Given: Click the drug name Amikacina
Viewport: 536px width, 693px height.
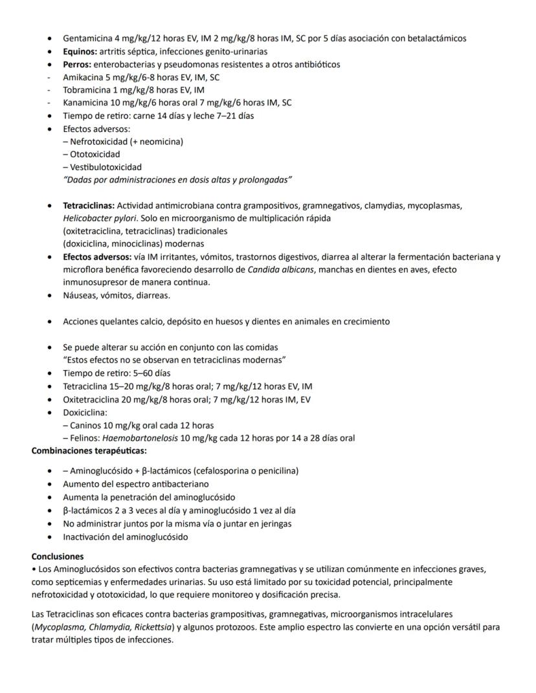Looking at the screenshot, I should click(82, 77).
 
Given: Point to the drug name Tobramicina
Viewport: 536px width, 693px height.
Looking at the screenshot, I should click(86, 90).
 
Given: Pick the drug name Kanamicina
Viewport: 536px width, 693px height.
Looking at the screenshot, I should click(85, 102).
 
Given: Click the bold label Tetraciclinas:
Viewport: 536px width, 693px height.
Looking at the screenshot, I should click(89, 205).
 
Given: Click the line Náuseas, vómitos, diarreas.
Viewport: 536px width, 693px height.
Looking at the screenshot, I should click(116, 296).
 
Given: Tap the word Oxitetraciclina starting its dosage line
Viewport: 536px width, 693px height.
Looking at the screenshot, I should click(89, 399).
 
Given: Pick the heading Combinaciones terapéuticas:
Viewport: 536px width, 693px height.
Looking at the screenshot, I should click(89, 451).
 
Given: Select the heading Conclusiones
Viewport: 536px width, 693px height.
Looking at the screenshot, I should click(58, 556).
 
